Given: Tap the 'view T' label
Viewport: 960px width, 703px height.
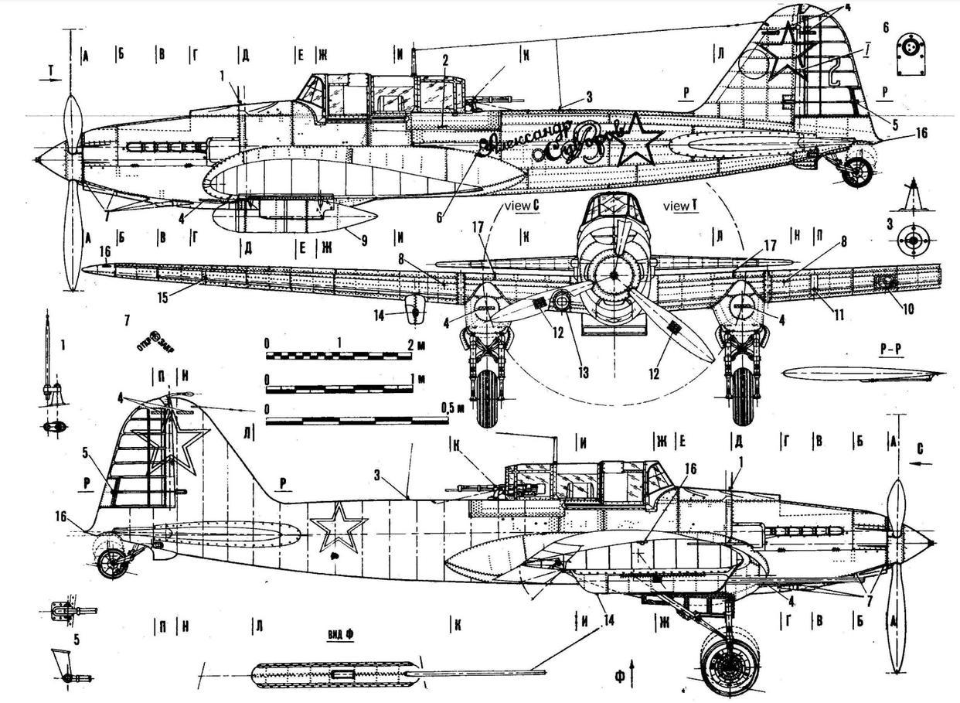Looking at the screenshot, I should pos(680,206).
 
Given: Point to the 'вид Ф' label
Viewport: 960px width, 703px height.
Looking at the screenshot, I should pos(339,633).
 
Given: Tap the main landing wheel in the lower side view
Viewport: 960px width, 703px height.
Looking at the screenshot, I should pos(728,662).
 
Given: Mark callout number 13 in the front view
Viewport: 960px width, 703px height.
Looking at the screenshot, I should pos(582,373).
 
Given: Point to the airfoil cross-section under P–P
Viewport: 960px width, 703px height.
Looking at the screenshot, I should pos(862,374).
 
